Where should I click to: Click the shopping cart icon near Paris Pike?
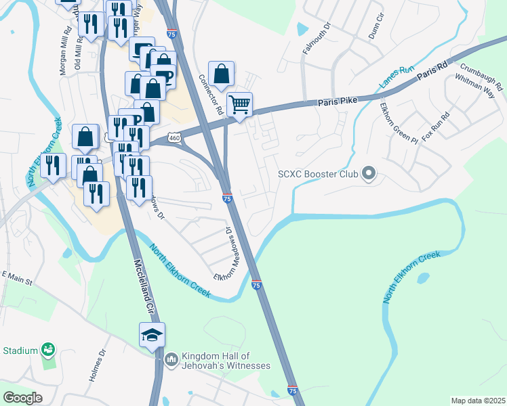pos(239,105)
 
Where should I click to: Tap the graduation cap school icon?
pos(152,334)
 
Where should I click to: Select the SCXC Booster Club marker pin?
pos(369,174)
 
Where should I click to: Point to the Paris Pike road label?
pos(338,102)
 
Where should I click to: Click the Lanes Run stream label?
pos(396,77)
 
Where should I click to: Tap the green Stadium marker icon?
pos(47,350)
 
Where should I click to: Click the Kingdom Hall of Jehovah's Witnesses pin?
pos(171,357)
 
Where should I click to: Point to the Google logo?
pos(22,398)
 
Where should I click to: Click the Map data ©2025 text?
pos(477,401)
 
